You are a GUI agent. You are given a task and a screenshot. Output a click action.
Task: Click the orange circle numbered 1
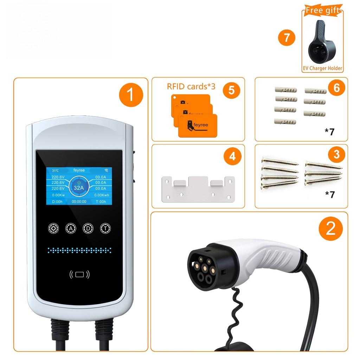tap(130, 95)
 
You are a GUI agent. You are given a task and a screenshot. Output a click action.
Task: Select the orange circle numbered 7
tap(287, 37)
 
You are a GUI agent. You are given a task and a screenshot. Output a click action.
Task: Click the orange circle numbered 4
tap(232, 156)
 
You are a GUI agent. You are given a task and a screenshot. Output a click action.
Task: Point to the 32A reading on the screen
tap(79, 187)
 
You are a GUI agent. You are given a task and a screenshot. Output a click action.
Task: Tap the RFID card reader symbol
tap(79, 274)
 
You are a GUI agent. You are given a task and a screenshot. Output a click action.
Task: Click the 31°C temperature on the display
tap(56, 171)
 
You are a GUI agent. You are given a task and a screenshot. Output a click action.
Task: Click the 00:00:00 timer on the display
tap(79, 202)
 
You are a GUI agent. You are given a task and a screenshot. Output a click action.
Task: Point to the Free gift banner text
tap(322, 10)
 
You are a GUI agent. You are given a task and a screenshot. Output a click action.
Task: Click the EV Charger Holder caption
tap(322, 69)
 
